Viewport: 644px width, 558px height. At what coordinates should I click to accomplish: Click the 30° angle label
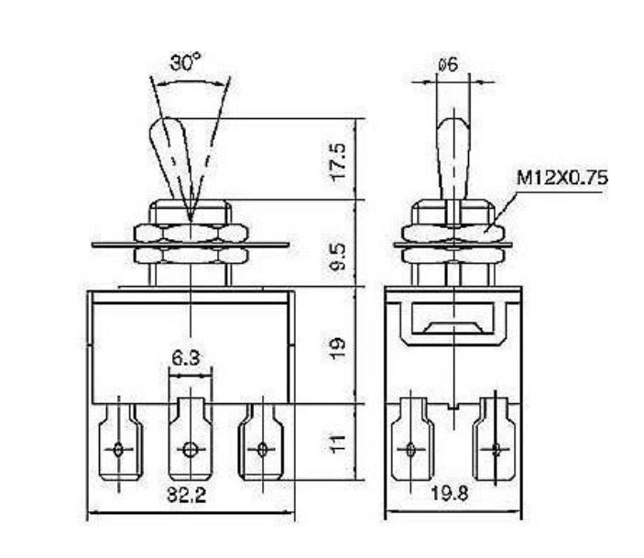[x=186, y=62]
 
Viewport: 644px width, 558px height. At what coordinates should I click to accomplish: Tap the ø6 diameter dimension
[x=448, y=64]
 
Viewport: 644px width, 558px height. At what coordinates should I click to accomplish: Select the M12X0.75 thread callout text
[x=562, y=178]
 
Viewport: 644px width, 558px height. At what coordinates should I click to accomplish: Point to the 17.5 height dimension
[x=339, y=162]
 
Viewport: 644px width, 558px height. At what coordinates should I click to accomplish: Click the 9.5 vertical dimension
[x=339, y=257]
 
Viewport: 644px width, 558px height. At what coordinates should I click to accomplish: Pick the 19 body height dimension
[x=339, y=349]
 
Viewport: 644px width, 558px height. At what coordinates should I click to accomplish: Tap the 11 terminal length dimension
[x=339, y=444]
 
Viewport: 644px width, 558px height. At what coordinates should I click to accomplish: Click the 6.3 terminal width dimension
[x=186, y=358]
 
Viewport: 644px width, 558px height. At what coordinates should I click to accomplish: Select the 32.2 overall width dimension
[x=187, y=495]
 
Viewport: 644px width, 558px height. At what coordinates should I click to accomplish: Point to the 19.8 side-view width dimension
[x=449, y=493]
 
